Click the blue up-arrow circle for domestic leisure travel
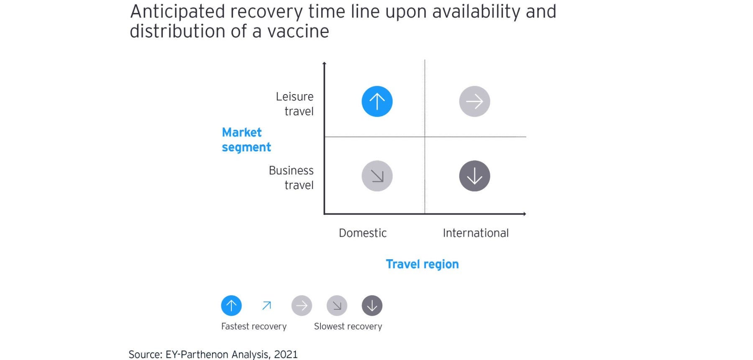(377, 102)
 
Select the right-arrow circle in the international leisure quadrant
(474, 102)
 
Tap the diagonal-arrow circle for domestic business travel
(377, 176)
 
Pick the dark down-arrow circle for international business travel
(474, 176)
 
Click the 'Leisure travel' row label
(295, 104)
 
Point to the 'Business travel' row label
(291, 178)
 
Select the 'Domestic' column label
(363, 233)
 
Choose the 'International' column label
(476, 233)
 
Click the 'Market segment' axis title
(246, 140)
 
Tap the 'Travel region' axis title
(422, 264)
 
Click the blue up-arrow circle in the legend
(231, 306)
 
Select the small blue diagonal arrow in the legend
(266, 306)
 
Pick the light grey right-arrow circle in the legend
(302, 306)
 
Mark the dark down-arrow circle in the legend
(372, 306)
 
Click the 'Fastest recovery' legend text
(254, 327)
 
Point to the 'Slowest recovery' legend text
(348, 327)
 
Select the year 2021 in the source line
(286, 354)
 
